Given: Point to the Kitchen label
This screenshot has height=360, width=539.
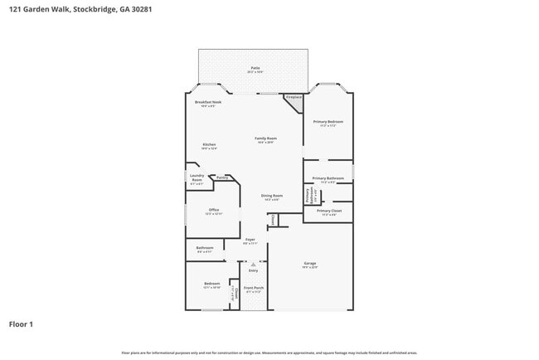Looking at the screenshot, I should tap(210, 146).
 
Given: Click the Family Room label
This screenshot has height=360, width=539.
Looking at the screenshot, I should tap(265, 139).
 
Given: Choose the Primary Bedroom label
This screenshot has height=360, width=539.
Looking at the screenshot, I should tap(328, 123).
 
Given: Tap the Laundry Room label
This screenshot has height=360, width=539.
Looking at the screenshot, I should tap(197, 178).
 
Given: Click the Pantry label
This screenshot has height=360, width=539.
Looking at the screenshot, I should tap(222, 178).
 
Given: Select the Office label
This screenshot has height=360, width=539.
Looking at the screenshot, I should tap(213, 211).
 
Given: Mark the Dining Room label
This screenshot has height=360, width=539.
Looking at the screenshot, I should tap(272, 197).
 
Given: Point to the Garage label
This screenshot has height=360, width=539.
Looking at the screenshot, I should tap(308, 265).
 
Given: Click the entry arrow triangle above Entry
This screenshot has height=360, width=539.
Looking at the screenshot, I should tap(253, 264).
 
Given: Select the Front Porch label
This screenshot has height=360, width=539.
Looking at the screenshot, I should tap(253, 289).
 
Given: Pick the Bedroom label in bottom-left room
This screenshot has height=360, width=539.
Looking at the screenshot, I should tap(211, 285).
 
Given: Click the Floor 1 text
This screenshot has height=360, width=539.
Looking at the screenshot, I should tap(21, 324).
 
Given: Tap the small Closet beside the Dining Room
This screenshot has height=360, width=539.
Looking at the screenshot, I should tap(271, 220).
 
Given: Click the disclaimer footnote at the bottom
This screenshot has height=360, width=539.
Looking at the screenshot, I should tap(269, 353).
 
